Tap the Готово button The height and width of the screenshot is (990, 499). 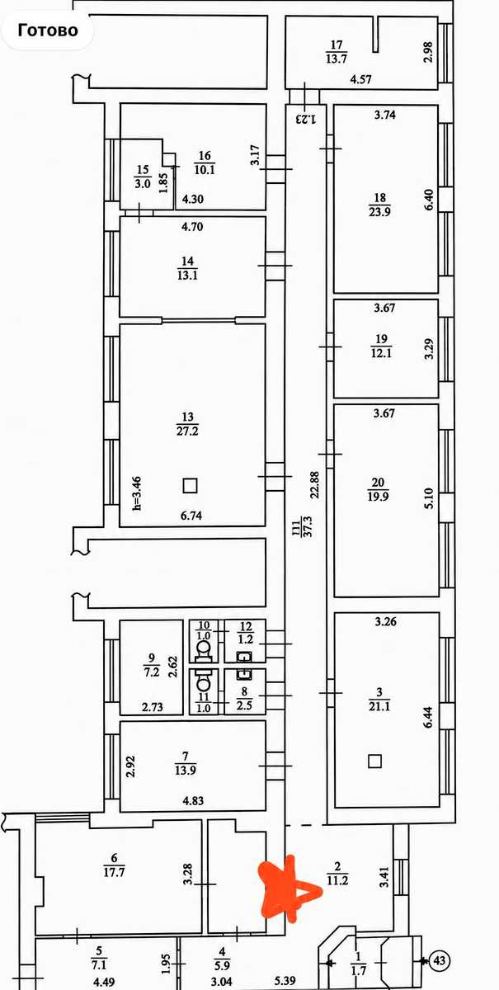click(47, 31)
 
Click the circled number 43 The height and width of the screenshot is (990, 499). click(440, 960)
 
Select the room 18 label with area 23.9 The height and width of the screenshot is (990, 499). click(379, 205)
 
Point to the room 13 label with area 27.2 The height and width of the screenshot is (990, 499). click(187, 424)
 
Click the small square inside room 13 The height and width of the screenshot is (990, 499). click(190, 485)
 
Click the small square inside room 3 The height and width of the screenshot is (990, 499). click(374, 761)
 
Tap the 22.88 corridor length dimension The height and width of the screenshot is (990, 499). click(315, 485)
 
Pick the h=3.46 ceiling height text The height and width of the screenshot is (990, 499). click(137, 493)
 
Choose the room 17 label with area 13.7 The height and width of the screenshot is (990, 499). click(337, 52)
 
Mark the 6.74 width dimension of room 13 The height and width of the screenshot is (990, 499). click(191, 516)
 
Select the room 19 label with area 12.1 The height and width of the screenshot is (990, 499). click(381, 346)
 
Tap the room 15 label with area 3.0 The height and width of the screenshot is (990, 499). click(143, 177)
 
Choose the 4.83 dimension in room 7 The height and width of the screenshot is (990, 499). click(193, 800)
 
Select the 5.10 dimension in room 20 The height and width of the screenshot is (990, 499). click(429, 498)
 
